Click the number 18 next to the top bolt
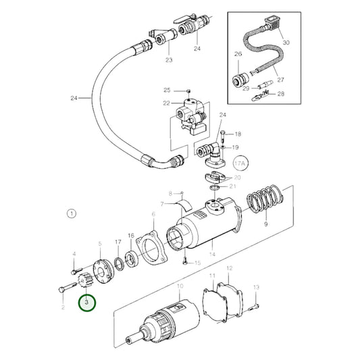(237, 135)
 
